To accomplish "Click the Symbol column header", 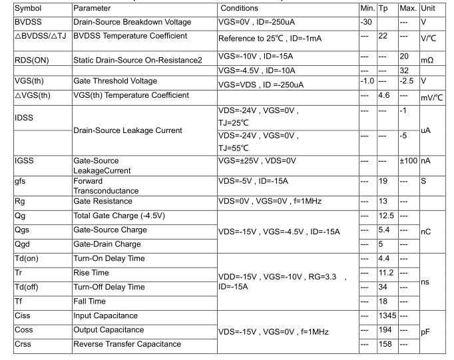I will click(27, 8).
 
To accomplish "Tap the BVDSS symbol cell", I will click(28, 22).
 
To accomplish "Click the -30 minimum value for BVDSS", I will click(366, 22).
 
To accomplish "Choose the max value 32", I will click(404, 71).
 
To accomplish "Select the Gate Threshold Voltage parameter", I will click(115, 81).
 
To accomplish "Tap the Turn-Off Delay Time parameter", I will click(109, 287).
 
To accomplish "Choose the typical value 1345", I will click(388, 316).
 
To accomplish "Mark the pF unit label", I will click(427, 330).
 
